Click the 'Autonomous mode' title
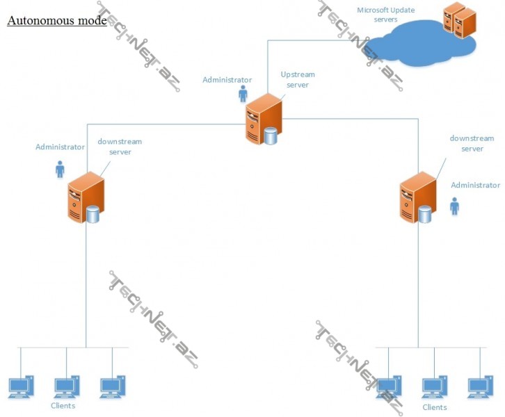pyautogui.click(x=56, y=20)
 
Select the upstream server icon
pyautogui.click(x=264, y=119)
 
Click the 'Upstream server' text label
pyautogui.click(x=298, y=79)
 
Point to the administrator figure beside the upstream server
pyautogui.click(x=243, y=94)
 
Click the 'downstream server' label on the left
pyautogui.click(x=120, y=146)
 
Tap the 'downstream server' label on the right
pyautogui.click(x=472, y=143)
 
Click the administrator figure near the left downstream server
pyautogui.click(x=60, y=169)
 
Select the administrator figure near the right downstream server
pyautogui.click(x=454, y=206)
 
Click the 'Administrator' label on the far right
pyautogui.click(x=475, y=185)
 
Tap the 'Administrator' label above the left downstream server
pyautogui.click(x=60, y=147)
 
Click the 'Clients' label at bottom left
pyautogui.click(x=63, y=405)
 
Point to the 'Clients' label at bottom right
pyautogui.click(x=435, y=407)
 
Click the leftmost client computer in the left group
pyautogui.click(x=20, y=386)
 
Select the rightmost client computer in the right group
pyautogui.click(x=481, y=386)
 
